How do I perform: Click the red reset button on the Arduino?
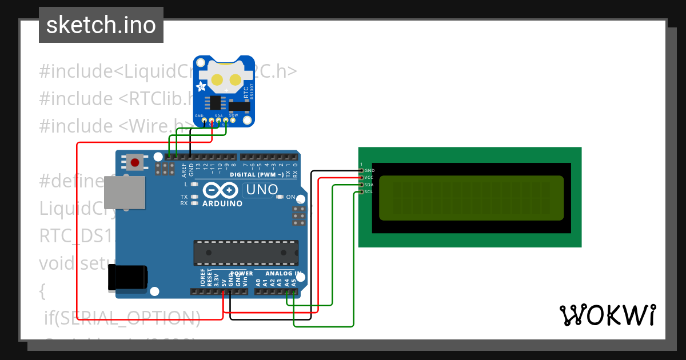click(x=135, y=162)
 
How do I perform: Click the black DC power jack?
click(x=128, y=278)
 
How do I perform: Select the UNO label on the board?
click(x=261, y=189)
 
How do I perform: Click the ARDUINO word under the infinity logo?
click(x=222, y=203)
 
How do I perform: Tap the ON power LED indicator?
click(x=280, y=197)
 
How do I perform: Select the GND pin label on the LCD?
click(x=369, y=170)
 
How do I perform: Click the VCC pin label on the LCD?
click(x=369, y=178)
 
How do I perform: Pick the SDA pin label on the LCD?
click(x=369, y=185)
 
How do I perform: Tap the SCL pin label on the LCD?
click(x=369, y=192)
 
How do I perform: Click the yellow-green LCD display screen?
click(x=471, y=198)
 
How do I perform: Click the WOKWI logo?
click(x=607, y=315)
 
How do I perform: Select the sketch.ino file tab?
click(x=101, y=25)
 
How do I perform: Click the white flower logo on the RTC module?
click(x=202, y=87)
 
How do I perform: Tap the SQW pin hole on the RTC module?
click(x=233, y=121)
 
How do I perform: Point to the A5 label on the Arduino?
click(x=294, y=282)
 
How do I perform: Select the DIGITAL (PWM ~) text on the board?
click(x=257, y=174)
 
